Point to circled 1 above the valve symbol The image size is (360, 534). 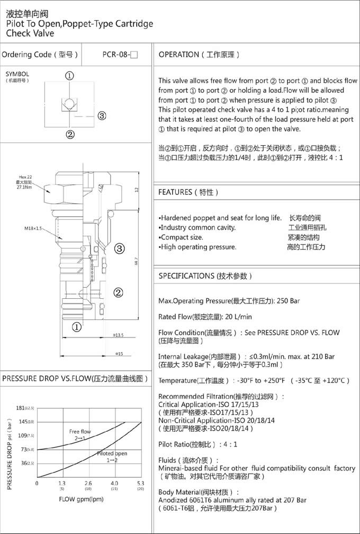[70, 76]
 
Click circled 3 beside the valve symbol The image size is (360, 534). [102, 116]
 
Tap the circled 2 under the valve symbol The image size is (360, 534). [70, 133]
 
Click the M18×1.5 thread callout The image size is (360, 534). [33, 228]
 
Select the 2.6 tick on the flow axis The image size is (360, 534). [88, 483]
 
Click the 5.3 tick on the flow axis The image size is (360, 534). [140, 483]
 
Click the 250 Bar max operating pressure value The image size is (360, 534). [287, 301]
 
